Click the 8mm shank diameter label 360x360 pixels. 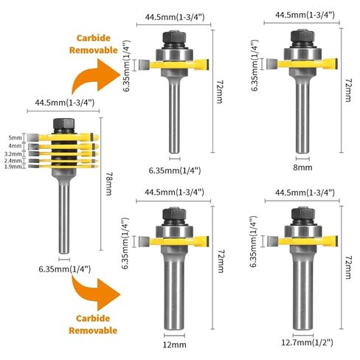pyautogui.click(x=302, y=167)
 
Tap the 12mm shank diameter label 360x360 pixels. pyautogui.click(x=174, y=345)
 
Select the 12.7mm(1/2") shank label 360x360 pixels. pyautogui.click(x=307, y=342)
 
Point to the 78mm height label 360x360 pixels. pyautogui.click(x=108, y=184)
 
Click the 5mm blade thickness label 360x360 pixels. pyautogui.click(x=15, y=138)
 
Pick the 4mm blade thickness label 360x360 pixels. pyautogui.click(x=15, y=146)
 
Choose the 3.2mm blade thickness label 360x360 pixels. pyautogui.click(x=13, y=154)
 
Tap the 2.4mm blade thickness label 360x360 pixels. pyautogui.click(x=13, y=161)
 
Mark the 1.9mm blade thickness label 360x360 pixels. pyautogui.click(x=13, y=167)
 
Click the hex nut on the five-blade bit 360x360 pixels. pyautogui.click(x=64, y=125)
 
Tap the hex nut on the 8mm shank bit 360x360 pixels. pyautogui.click(x=302, y=36)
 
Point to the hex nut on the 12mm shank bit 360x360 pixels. pyautogui.click(x=174, y=214)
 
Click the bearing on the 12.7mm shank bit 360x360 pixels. pyautogui.click(x=302, y=231)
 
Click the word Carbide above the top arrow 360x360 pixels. pyautogui.click(x=94, y=38)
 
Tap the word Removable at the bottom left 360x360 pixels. pyautogui.click(x=93, y=330)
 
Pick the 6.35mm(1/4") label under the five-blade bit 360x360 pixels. pyautogui.click(x=65, y=269)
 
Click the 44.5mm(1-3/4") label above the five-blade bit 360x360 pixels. pyautogui.click(x=65, y=103)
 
